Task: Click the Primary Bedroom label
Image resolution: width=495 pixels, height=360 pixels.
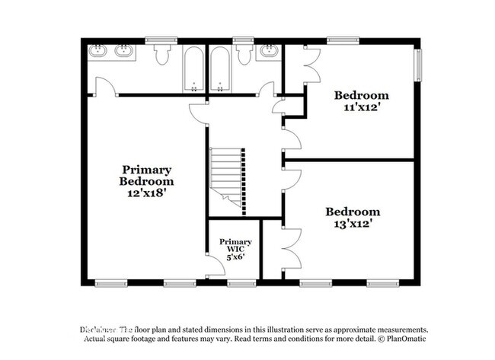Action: (x=146, y=176)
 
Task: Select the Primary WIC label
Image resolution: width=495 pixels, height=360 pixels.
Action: (x=235, y=246)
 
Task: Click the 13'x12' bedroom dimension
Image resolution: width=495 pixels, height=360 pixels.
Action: (x=353, y=224)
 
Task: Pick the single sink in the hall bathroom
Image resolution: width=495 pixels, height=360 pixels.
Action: (x=267, y=52)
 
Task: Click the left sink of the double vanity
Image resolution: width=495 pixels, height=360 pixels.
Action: (x=98, y=52)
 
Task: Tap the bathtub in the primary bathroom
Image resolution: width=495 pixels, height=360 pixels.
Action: (x=193, y=68)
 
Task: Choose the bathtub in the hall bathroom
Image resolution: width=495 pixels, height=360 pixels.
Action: (x=219, y=68)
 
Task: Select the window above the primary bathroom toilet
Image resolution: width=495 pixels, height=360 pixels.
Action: (x=161, y=39)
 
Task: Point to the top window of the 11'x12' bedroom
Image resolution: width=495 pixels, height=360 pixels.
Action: (x=339, y=39)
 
